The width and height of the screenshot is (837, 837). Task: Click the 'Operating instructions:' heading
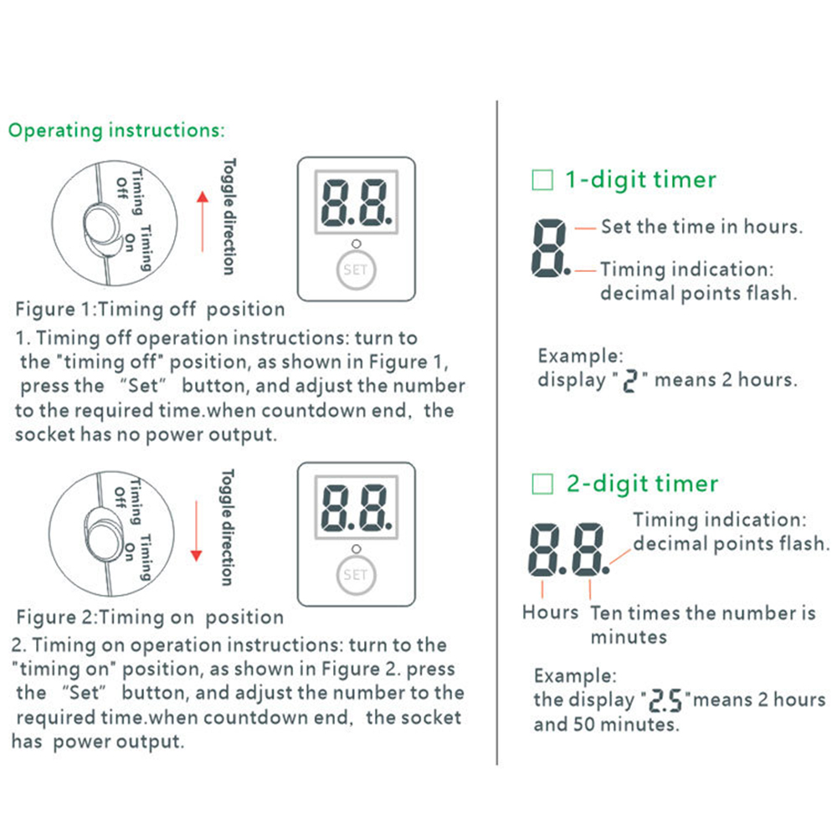click(116, 131)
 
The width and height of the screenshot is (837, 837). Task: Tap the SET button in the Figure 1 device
click(356, 270)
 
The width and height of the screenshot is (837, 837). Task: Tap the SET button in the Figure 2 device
click(356, 575)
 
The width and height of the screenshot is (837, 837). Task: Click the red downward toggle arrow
click(197, 531)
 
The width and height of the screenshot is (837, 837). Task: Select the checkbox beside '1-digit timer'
click(542, 180)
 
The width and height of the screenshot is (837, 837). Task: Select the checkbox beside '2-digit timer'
click(542, 484)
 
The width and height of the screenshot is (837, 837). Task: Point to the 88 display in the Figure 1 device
click(357, 203)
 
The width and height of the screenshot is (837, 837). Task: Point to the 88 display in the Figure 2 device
click(357, 507)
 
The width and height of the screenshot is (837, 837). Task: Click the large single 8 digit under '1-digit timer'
click(549, 249)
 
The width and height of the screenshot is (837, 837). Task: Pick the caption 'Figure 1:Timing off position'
click(150, 310)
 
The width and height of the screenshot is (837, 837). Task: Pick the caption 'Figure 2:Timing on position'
click(150, 618)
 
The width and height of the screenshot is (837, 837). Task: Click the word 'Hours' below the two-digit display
click(551, 613)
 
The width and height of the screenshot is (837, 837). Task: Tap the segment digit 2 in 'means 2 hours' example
click(630, 381)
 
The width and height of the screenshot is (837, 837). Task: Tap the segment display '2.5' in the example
click(665, 701)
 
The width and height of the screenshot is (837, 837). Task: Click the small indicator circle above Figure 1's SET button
click(356, 244)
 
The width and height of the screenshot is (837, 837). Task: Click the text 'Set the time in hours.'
click(702, 227)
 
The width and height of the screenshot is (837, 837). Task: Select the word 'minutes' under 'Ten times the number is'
click(629, 637)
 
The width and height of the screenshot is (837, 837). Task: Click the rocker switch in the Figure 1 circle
click(102, 227)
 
